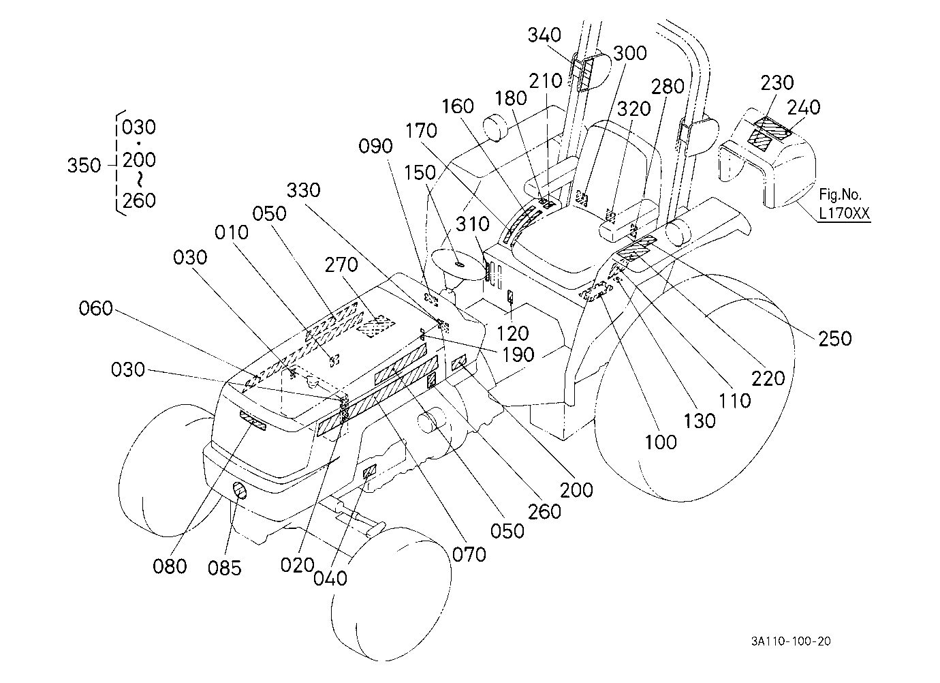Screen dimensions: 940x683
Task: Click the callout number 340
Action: pyautogui.click(x=544, y=35)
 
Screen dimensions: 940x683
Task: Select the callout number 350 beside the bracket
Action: pyautogui.click(x=84, y=166)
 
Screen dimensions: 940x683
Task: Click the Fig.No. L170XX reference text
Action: pyautogui.click(x=845, y=204)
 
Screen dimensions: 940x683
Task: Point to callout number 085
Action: pyautogui.click(x=225, y=568)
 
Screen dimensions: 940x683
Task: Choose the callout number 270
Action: pyautogui.click(x=341, y=264)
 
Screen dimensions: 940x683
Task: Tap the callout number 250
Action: pyautogui.click(x=835, y=339)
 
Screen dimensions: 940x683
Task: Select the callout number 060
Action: pyautogui.click(x=95, y=308)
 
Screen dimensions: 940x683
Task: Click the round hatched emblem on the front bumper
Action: pyautogui.click(x=240, y=490)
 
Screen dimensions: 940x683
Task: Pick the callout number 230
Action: pyautogui.click(x=777, y=82)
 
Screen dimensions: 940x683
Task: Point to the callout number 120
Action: pyautogui.click(x=512, y=333)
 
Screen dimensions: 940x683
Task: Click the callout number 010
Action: pyautogui.click(x=231, y=232)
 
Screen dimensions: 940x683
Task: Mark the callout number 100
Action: pyautogui.click(x=661, y=442)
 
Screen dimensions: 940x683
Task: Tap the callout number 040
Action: pyautogui.click(x=330, y=579)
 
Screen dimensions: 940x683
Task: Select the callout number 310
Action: pyautogui.click(x=473, y=224)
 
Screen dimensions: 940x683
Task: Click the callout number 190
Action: pyautogui.click(x=518, y=355)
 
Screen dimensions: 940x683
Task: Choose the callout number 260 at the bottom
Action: pyautogui.click(x=544, y=512)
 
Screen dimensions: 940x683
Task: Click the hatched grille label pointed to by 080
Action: pyautogui.click(x=253, y=421)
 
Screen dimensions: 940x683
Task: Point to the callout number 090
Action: pyautogui.click(x=375, y=146)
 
